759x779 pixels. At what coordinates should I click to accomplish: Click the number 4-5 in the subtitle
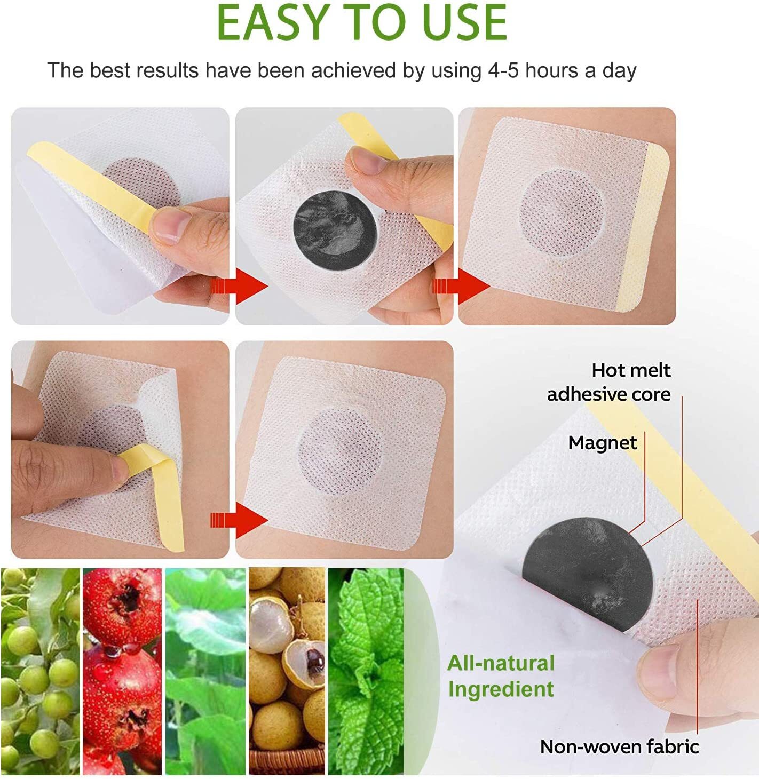coord(503,71)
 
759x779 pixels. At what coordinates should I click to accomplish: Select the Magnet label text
coord(602,443)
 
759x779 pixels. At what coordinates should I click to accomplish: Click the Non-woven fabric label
coord(619,746)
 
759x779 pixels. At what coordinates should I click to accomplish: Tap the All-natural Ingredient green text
coord(501,676)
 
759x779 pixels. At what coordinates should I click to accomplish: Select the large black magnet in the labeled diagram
coord(587,576)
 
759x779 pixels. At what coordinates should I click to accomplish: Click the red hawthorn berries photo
coord(122,671)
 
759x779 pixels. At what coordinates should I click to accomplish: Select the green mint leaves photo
coord(366,671)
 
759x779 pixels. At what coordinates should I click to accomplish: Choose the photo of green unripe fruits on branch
coord(40,671)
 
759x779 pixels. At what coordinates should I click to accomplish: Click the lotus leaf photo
coord(205,671)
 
